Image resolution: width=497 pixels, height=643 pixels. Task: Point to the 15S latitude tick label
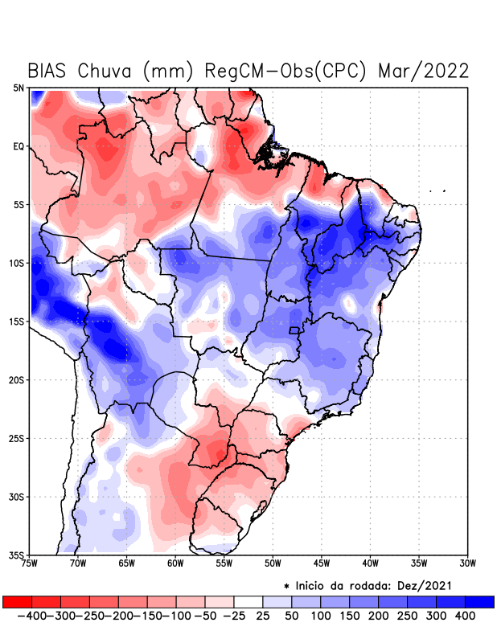[17, 321]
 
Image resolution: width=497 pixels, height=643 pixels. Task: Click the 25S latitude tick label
[17, 438]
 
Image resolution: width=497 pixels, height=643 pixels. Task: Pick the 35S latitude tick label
[17, 555]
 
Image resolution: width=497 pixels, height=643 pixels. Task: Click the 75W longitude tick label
[31, 564]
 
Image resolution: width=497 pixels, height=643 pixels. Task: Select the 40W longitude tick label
[371, 564]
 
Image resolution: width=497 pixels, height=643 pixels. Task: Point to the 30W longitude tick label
[468, 564]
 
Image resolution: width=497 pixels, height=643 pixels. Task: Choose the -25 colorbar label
[233, 616]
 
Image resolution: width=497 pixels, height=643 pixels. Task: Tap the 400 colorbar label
[464, 616]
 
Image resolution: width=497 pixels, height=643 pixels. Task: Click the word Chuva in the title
[105, 71]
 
